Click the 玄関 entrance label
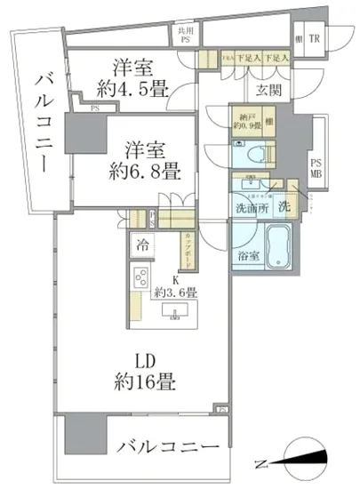click(270, 90)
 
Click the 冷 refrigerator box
click(142, 242)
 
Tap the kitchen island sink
click(174, 310)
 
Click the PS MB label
click(316, 169)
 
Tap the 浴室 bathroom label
click(246, 256)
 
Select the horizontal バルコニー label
click(167, 446)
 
